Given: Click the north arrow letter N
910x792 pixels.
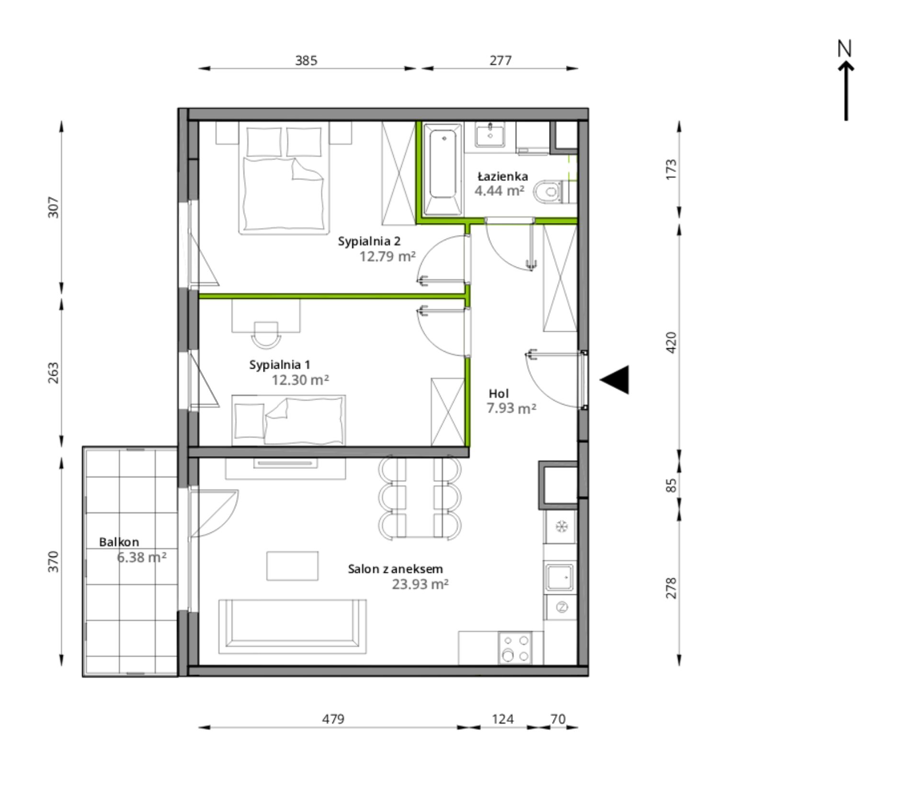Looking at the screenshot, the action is tap(844, 48).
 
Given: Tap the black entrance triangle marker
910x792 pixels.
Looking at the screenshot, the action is tap(614, 380).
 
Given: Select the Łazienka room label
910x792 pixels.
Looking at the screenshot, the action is tap(503, 176).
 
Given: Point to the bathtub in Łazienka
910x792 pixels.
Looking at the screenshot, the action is tap(443, 170).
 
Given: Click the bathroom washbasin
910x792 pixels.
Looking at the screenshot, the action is tap(489, 135).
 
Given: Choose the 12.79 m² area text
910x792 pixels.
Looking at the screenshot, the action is tap(387, 257).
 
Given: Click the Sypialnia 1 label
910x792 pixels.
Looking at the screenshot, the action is tap(280, 365).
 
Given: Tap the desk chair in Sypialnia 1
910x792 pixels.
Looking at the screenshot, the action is tap(266, 335).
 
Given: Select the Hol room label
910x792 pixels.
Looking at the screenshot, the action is tap(499, 394).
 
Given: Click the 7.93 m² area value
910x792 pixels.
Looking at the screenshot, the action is tap(511, 408).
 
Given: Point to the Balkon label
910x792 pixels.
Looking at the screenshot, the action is tap(119, 542).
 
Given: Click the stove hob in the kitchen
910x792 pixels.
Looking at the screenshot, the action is tap(515, 648).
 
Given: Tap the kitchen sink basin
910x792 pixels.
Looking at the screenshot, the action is tap(559, 577).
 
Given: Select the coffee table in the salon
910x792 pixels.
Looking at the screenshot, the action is tap(292, 566).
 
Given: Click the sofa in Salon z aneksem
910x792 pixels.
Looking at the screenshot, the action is tap(293, 626).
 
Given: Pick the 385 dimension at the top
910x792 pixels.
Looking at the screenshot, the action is tap(306, 60).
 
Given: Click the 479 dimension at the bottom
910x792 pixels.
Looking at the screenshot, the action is tap(333, 719).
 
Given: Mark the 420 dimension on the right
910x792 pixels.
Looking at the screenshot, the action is tap(671, 343).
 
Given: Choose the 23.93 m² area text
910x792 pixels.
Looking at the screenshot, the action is tap(420, 584).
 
